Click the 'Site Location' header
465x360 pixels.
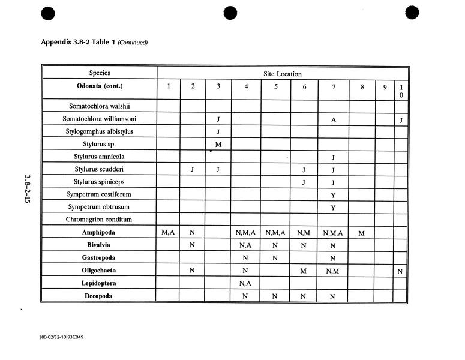[283, 74]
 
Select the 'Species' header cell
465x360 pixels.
[100, 73]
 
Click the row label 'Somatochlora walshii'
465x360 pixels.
[100, 107]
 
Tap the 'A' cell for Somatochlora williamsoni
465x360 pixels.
[332, 119]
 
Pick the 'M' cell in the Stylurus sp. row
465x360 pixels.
[218, 144]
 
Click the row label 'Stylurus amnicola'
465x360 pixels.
[100, 157]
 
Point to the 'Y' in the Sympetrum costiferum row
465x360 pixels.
[332, 194]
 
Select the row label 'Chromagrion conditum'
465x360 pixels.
[100, 220]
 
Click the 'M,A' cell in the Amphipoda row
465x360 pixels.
[168, 232]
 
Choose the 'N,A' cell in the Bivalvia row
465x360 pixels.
[246, 245]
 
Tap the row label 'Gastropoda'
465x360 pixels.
[100, 257]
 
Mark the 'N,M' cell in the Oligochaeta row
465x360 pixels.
[332, 271]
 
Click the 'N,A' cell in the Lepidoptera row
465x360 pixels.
[246, 283]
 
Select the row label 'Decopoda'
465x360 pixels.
[100, 296]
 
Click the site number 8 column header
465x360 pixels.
[362, 86]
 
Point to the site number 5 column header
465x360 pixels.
[276, 86]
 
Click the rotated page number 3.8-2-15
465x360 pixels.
[27, 188]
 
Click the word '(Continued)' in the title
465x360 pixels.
[133, 43]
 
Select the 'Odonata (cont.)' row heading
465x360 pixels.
[100, 86]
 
